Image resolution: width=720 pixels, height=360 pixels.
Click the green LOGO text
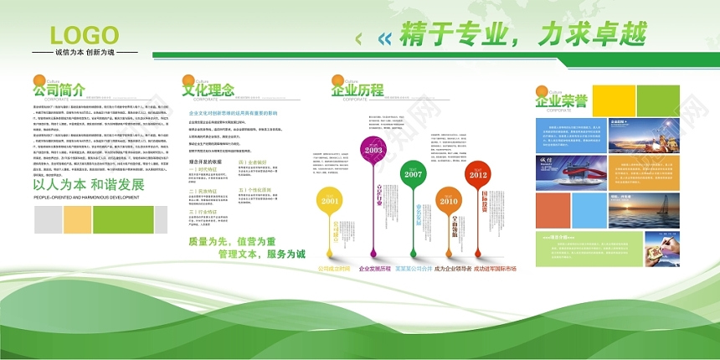tap(85, 35)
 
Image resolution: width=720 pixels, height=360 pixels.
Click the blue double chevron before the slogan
tap(384, 38)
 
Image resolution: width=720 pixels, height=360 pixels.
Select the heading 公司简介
tap(59, 90)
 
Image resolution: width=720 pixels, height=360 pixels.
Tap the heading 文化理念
tap(208, 90)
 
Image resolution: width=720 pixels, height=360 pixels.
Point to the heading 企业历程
tap(357, 90)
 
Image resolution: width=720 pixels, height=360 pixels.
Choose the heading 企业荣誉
tap(561, 102)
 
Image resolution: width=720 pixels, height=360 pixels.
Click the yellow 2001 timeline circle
tap(330, 201)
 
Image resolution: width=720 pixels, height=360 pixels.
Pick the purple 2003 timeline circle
tap(373, 150)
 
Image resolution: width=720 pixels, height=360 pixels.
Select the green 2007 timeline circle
tap(413, 174)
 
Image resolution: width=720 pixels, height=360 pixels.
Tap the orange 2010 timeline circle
tap(449, 201)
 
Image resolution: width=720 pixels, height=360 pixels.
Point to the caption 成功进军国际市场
tap(495, 269)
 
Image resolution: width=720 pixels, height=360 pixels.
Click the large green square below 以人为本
tap(122, 219)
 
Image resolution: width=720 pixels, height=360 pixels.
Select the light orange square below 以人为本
tap(77, 219)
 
